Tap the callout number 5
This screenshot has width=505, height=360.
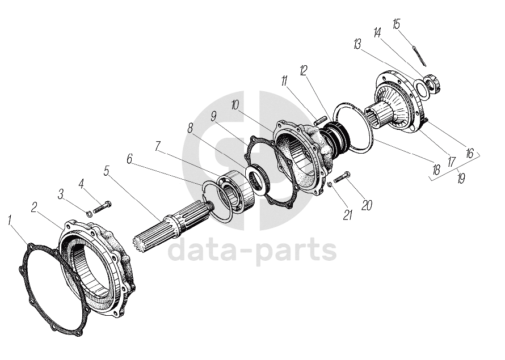pos(106,170)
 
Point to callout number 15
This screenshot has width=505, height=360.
pos(396,24)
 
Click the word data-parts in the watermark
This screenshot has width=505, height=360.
pos(253,250)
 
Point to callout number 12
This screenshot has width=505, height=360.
pos(304,70)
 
